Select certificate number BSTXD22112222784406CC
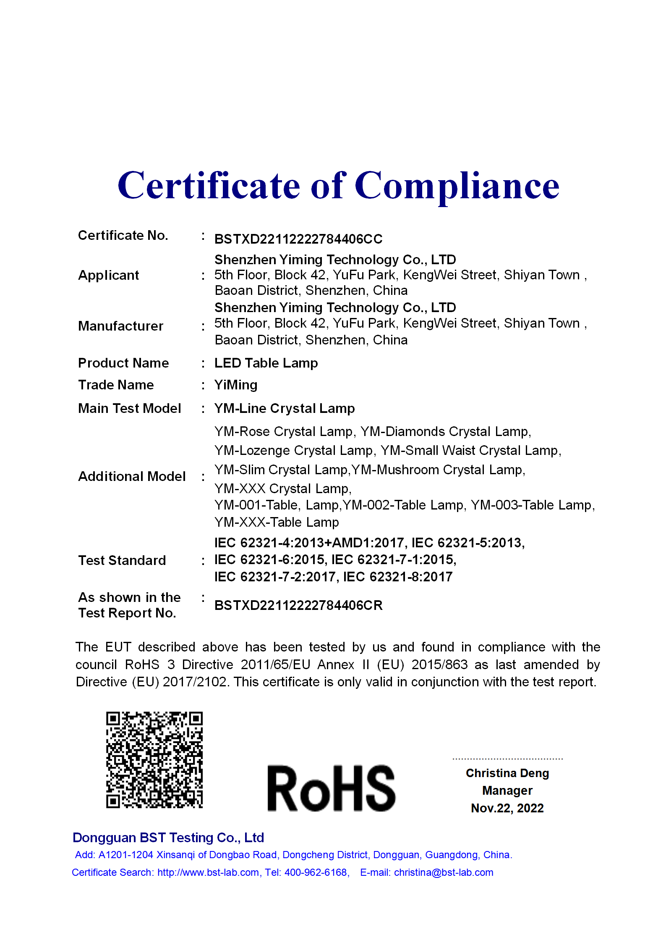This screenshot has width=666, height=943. (298, 239)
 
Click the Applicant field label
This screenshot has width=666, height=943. (108, 275)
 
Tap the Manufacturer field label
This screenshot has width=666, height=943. (120, 326)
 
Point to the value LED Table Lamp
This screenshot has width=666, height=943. (266, 363)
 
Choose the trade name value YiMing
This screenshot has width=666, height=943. (235, 385)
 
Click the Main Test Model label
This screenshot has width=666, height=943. (129, 408)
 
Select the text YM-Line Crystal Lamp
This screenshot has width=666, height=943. (284, 408)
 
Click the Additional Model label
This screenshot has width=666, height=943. (132, 476)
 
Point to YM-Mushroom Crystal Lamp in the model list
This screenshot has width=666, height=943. (438, 470)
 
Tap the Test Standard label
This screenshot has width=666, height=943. (122, 560)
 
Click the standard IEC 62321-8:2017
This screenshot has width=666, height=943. (397, 577)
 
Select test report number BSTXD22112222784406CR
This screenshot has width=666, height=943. (298, 605)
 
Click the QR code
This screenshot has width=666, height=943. (154, 759)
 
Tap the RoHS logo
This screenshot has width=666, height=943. (331, 788)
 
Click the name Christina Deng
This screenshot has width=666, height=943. (507, 773)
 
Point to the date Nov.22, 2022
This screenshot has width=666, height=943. (507, 808)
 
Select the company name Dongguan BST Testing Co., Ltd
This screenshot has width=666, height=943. (168, 838)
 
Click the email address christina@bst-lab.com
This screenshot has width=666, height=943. (443, 872)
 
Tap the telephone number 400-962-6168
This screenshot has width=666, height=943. (316, 872)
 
